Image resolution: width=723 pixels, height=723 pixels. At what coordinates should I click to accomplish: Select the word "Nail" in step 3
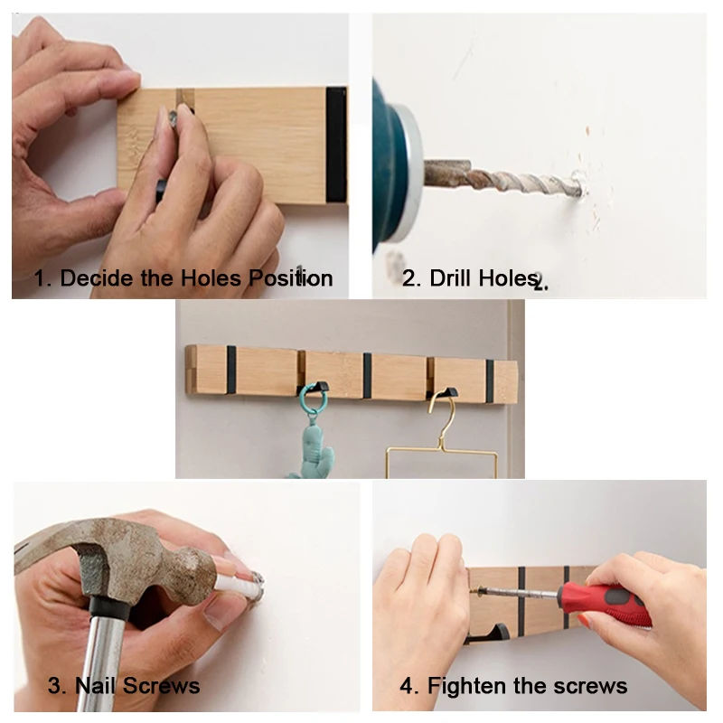(x=94, y=686)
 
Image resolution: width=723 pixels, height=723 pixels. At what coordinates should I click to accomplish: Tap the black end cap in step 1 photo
(x=336, y=145)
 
